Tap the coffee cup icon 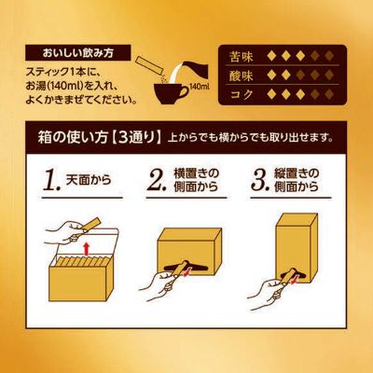coord(172,92)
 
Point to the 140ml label coord(196,88)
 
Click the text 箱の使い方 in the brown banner coord(56,138)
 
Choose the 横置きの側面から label coord(197,180)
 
